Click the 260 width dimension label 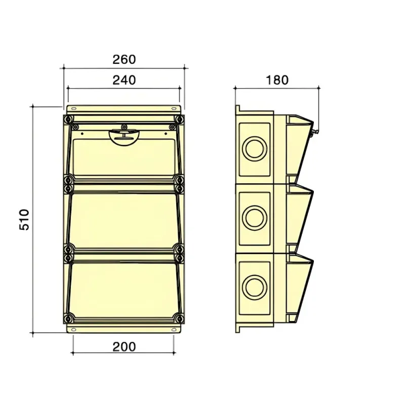click(x=124, y=59)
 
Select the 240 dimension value click(x=124, y=80)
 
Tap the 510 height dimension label click(x=24, y=220)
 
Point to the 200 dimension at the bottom click(x=124, y=347)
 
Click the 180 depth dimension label click(x=277, y=80)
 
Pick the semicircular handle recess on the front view click(x=124, y=138)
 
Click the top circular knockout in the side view click(x=255, y=149)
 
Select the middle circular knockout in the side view click(x=255, y=218)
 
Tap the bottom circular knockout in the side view click(x=255, y=287)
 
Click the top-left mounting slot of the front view click(x=73, y=108)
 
